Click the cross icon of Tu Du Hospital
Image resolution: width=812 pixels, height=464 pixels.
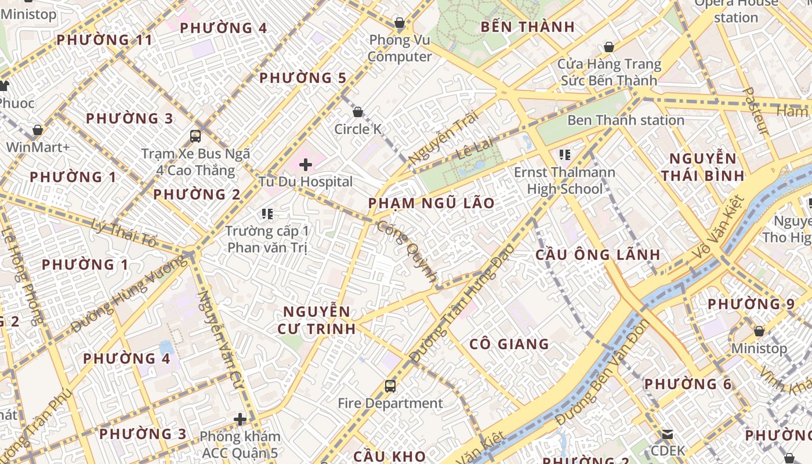(306, 165)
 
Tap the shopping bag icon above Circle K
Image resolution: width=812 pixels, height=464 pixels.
(358, 112)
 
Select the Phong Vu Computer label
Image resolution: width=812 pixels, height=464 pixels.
(400, 48)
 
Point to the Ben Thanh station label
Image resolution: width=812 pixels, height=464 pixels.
(625, 120)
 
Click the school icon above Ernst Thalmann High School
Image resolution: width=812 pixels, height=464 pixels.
(564, 155)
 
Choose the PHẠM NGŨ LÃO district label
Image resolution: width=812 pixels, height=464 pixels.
(432, 203)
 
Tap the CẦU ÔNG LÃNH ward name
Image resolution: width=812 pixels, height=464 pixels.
(597, 255)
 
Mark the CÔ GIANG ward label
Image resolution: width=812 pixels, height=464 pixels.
(509, 344)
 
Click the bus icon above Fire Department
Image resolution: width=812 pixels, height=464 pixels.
(390, 386)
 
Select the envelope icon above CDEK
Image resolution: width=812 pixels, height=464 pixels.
(668, 434)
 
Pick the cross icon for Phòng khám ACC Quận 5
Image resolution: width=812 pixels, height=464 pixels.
(240, 419)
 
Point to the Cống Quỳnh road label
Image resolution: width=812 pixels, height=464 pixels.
(407, 252)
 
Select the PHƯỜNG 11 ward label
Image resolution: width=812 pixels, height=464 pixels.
(104, 40)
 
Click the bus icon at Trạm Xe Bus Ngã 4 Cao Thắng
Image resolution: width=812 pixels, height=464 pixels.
(195, 136)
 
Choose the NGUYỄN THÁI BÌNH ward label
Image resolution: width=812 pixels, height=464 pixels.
(702, 167)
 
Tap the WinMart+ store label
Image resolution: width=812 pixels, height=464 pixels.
(38, 147)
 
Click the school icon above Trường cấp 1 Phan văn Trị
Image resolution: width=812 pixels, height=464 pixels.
(267, 214)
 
